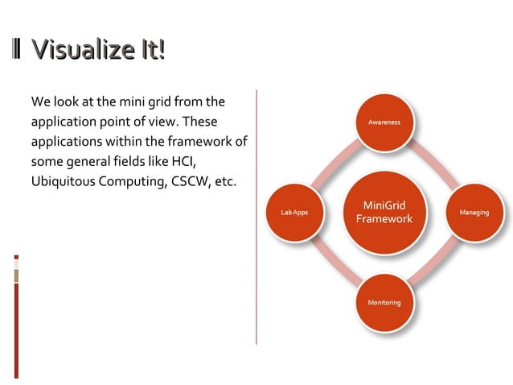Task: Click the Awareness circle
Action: [384, 122]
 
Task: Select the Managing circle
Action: [474, 213]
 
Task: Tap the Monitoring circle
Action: [384, 302]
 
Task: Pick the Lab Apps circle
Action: [293, 213]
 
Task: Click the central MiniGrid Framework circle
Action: [384, 213]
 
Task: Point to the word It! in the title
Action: [151, 51]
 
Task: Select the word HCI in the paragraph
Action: [182, 161]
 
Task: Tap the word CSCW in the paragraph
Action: [192, 180]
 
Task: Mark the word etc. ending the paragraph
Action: [226, 180]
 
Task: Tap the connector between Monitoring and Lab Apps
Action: [336, 259]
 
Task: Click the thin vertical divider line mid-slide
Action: [256, 217]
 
